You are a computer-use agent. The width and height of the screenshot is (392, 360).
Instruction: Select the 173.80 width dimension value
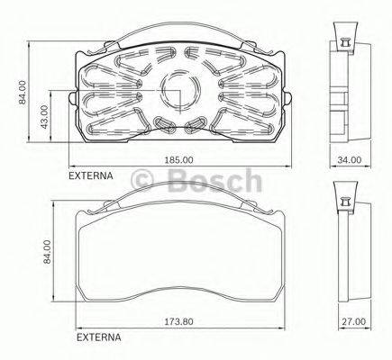coord(181,321)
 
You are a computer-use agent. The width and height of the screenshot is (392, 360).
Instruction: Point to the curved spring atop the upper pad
coord(179,30)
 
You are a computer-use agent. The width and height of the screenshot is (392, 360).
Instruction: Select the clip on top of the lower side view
coord(342,197)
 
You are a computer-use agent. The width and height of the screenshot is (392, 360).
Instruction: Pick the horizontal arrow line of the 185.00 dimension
coord(117,166)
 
